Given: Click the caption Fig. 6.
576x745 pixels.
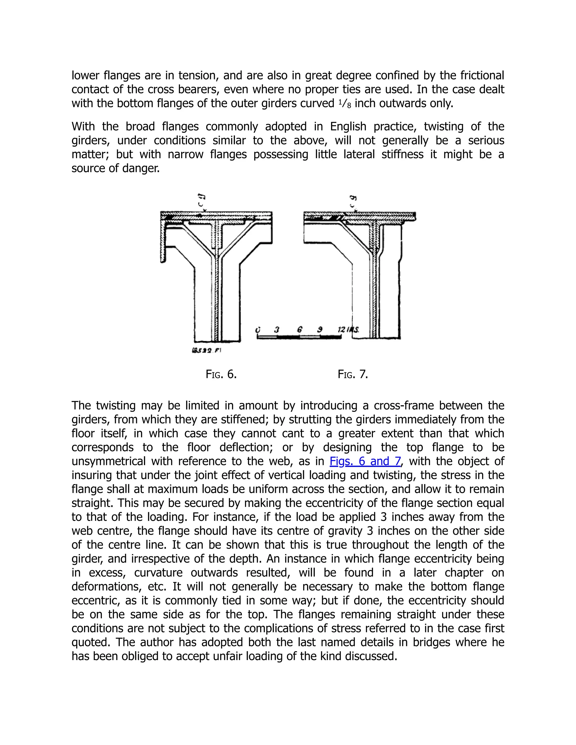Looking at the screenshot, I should tap(221, 374).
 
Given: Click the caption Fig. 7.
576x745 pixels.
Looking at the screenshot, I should tap(353, 374).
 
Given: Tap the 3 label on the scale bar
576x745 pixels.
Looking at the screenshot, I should tap(277, 329).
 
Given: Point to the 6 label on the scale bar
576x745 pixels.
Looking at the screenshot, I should tap(299, 329).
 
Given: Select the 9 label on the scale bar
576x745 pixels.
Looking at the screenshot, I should tap(320, 329).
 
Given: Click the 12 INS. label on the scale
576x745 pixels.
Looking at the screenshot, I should tap(348, 329).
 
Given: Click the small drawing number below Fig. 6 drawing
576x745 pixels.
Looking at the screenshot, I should tap(206, 350).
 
